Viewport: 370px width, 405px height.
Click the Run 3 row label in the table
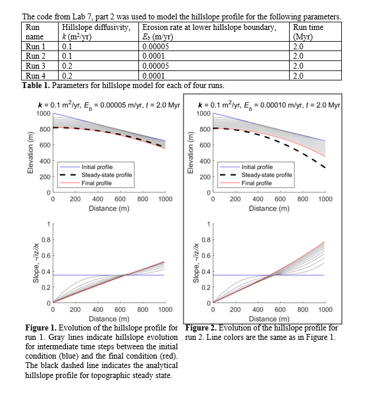(x=36, y=66)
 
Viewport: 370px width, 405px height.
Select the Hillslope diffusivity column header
(x=97, y=28)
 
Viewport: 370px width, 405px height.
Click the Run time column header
(x=308, y=28)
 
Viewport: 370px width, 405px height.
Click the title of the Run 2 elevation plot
(x=269, y=105)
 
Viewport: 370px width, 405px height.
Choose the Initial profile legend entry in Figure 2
(x=257, y=167)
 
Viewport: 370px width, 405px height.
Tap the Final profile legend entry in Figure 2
(x=256, y=183)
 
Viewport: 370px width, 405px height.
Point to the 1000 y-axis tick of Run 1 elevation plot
(x=43, y=113)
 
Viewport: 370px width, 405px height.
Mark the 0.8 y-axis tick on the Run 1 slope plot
(x=45, y=239)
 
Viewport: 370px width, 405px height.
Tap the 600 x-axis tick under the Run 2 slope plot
(x=280, y=309)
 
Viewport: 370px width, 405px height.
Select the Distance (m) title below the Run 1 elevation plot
(x=109, y=208)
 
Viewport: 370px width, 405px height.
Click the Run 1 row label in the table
(x=36, y=47)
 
